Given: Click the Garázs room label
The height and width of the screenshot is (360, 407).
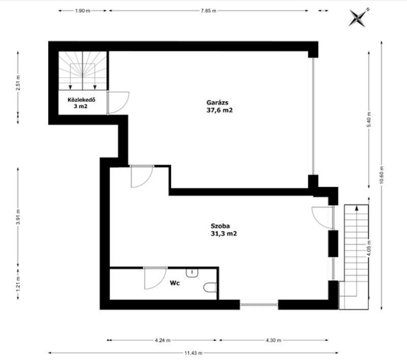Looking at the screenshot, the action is coord(217,102).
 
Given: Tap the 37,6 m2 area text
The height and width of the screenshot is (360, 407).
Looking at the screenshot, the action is coord(220,110).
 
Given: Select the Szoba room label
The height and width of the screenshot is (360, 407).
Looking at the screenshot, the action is coord(220,226).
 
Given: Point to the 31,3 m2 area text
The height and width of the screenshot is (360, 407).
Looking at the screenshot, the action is coord(224,234).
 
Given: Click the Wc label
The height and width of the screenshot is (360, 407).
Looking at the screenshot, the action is coord(175,283).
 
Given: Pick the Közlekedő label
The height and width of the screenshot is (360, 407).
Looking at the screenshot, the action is coord(81,100).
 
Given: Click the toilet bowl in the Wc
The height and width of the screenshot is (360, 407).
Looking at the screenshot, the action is coord(210,287).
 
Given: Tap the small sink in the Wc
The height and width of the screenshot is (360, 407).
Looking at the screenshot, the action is coord(192,273).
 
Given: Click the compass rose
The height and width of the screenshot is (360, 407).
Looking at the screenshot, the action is coord(359,17).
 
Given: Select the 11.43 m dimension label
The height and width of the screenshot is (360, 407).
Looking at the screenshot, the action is coord(193,353).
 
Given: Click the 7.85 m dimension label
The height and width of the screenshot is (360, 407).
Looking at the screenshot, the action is coord(209,11).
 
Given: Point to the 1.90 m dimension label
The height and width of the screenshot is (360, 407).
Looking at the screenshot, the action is coord(82,11).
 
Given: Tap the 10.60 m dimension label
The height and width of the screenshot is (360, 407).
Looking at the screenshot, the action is coord(381,174).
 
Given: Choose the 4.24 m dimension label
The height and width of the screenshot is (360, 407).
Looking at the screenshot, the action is coord(163,340).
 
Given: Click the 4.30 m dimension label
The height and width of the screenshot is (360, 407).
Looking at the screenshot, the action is coord(274,340).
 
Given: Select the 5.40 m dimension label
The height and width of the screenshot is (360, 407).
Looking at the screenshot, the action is coord(369,119).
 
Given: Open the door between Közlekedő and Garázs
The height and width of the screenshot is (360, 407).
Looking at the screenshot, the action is coord(118,103).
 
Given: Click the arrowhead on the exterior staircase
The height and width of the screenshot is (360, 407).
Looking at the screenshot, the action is coord(357,207).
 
